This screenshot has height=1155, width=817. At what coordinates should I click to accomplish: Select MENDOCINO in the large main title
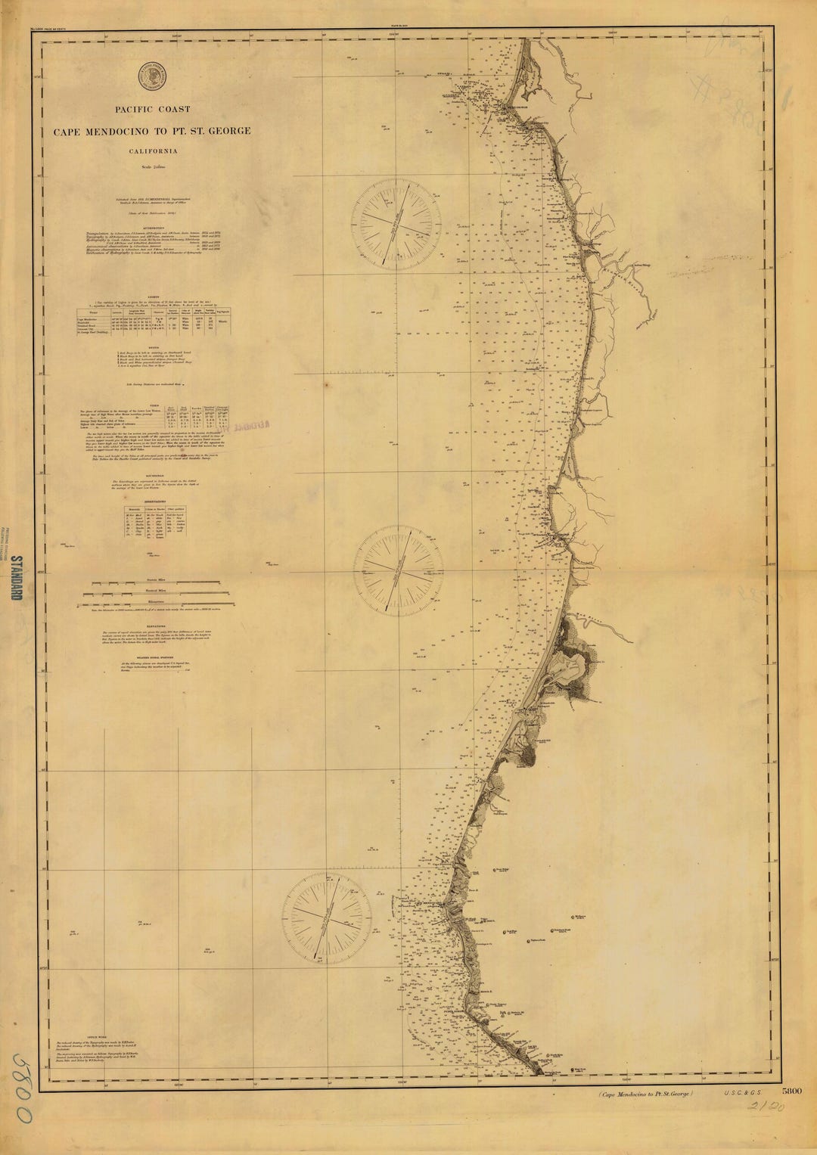tap(132, 131)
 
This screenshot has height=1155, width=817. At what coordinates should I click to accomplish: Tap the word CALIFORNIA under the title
tap(153, 151)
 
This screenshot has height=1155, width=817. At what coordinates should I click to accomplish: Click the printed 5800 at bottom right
tap(791, 1091)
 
